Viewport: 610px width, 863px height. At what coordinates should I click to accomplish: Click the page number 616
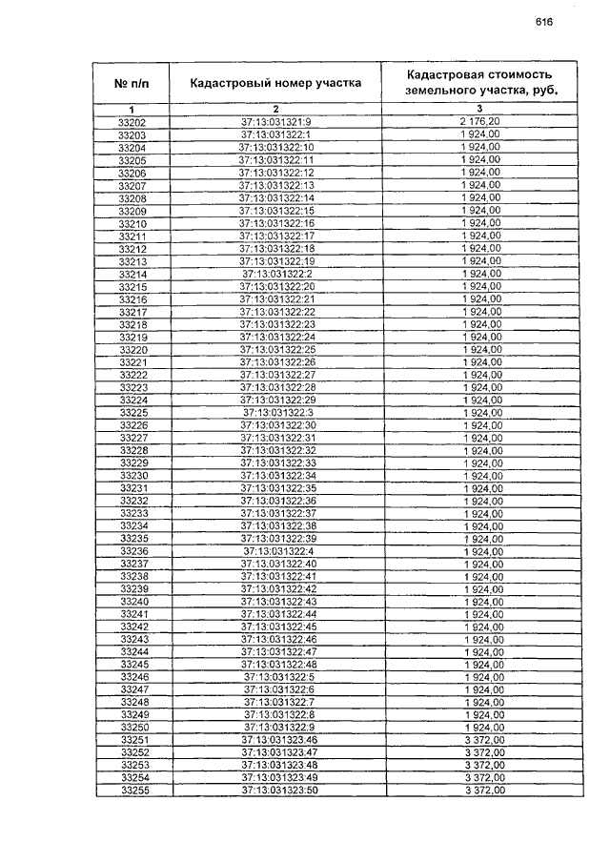(544, 21)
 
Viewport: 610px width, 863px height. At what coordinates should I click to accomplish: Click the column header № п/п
(132, 84)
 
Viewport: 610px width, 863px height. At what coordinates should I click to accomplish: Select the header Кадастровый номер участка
(275, 83)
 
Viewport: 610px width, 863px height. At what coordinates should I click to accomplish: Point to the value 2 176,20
(480, 122)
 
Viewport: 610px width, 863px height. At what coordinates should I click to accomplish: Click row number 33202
(132, 122)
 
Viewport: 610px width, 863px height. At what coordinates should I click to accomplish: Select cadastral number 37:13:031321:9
(275, 122)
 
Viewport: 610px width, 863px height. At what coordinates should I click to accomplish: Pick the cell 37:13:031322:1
(275, 135)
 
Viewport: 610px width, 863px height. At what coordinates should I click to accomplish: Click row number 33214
(132, 274)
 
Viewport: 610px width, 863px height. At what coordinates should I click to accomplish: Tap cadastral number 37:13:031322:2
(276, 274)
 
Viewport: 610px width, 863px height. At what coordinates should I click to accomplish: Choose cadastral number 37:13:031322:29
(276, 400)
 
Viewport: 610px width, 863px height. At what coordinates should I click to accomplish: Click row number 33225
(132, 412)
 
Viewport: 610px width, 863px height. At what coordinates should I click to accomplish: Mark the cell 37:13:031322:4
(277, 551)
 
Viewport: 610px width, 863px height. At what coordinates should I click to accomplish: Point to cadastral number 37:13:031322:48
(277, 665)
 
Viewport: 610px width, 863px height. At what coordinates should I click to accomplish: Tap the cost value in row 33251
(481, 740)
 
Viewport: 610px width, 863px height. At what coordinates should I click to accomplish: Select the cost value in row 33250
(481, 728)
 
